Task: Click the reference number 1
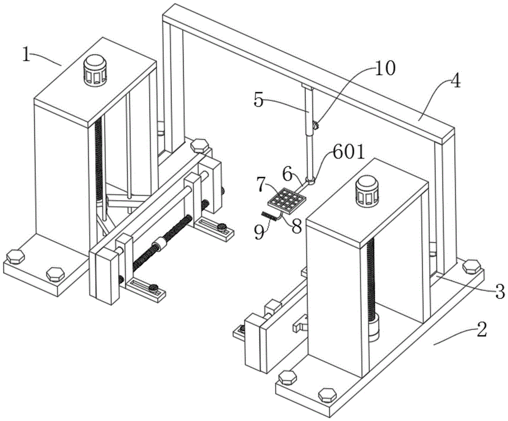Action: coord(26,54)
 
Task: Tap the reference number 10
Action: coord(385,69)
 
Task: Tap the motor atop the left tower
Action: coord(96,70)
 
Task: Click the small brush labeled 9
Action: coord(269,215)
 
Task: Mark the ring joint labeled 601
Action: coord(310,181)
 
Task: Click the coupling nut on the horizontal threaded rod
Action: coord(161,244)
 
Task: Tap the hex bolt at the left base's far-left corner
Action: coord(15,257)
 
